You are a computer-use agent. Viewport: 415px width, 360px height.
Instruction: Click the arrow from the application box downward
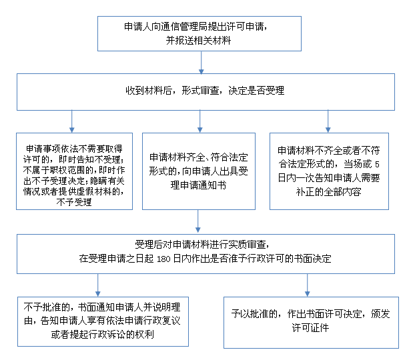[201, 63]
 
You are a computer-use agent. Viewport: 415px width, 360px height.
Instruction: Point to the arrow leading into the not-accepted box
[72, 121]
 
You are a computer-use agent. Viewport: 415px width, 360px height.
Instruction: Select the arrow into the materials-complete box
[199, 121]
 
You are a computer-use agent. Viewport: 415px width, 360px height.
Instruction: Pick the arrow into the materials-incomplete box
[328, 121]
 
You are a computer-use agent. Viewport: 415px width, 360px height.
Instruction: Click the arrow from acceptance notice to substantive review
[197, 221]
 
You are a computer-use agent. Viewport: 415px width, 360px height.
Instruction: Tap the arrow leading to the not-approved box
[97, 285]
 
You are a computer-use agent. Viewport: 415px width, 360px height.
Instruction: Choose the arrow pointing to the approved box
[308, 285]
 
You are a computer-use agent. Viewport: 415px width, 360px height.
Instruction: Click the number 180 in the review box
[163, 259]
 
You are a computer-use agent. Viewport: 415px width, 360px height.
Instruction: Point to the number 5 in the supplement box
[377, 165]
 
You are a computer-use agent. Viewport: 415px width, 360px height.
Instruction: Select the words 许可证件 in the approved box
[310, 328]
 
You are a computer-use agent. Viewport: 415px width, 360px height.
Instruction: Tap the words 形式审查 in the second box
[200, 91]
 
